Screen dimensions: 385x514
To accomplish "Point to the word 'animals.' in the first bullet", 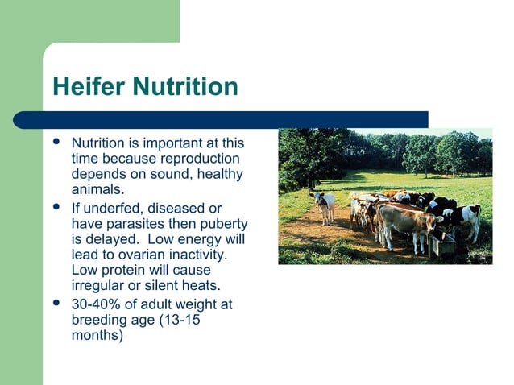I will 97,190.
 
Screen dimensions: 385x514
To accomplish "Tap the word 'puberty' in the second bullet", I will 223,223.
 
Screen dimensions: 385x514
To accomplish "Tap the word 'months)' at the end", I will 97,335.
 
